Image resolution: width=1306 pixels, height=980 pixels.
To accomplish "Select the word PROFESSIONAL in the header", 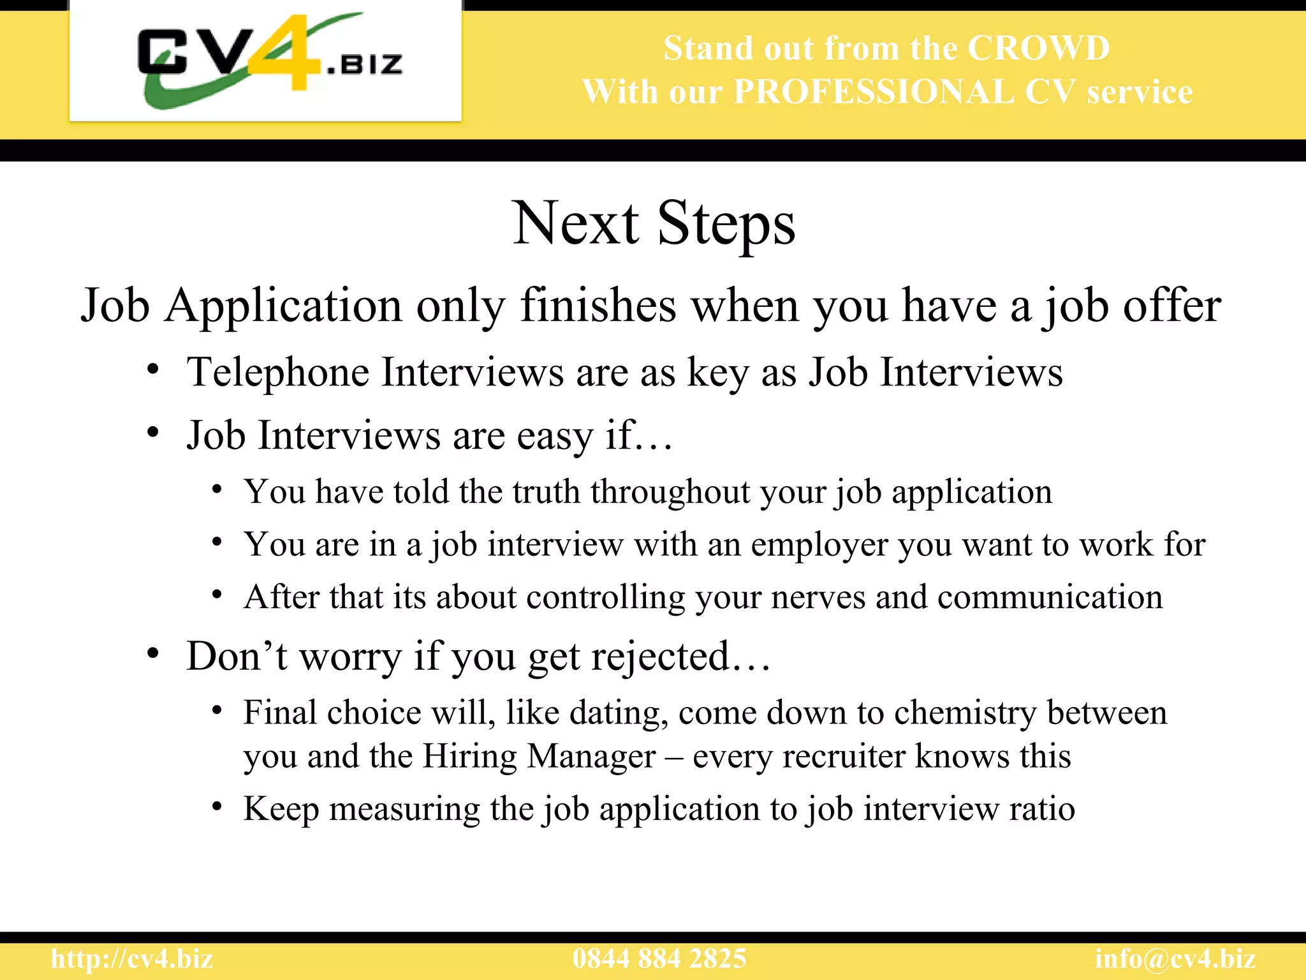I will click(873, 92).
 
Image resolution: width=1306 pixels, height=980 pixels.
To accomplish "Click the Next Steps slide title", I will click(654, 223).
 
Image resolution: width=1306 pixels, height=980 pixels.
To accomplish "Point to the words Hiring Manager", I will click(539, 757).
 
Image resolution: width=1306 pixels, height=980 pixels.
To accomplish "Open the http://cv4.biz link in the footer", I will click(132, 959).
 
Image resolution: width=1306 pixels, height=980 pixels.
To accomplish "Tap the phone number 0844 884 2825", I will click(659, 959).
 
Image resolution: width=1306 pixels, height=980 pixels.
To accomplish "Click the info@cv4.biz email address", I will click(1175, 959).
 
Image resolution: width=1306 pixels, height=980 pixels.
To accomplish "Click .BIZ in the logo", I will click(365, 64).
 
